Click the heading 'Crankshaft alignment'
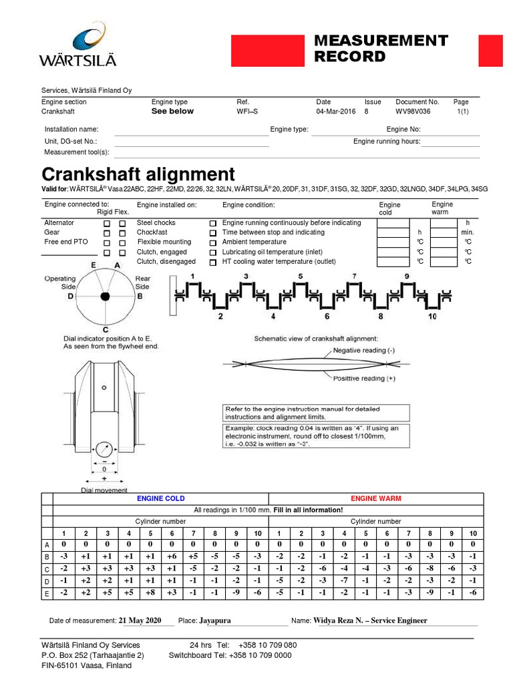(x=138, y=175)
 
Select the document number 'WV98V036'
(x=413, y=112)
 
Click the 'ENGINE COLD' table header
(x=160, y=499)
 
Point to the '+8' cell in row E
(x=150, y=592)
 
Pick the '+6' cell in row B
(x=172, y=556)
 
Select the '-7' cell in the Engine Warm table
(x=343, y=580)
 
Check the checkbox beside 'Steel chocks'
(x=212, y=223)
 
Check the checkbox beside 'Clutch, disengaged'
(x=212, y=263)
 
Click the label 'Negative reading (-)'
(x=364, y=350)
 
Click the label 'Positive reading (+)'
(x=364, y=378)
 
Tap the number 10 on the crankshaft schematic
(x=432, y=317)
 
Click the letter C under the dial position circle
(x=106, y=330)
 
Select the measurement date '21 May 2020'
(x=140, y=621)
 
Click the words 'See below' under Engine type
(x=172, y=112)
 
